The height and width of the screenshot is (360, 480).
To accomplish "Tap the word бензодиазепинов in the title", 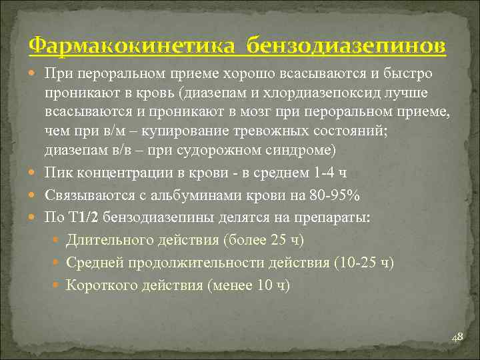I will (347, 47).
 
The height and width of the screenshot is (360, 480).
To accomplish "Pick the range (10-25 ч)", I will (358, 263).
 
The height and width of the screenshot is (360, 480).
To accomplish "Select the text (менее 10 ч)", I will (249, 285).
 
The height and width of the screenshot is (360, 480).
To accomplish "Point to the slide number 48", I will (457, 338).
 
